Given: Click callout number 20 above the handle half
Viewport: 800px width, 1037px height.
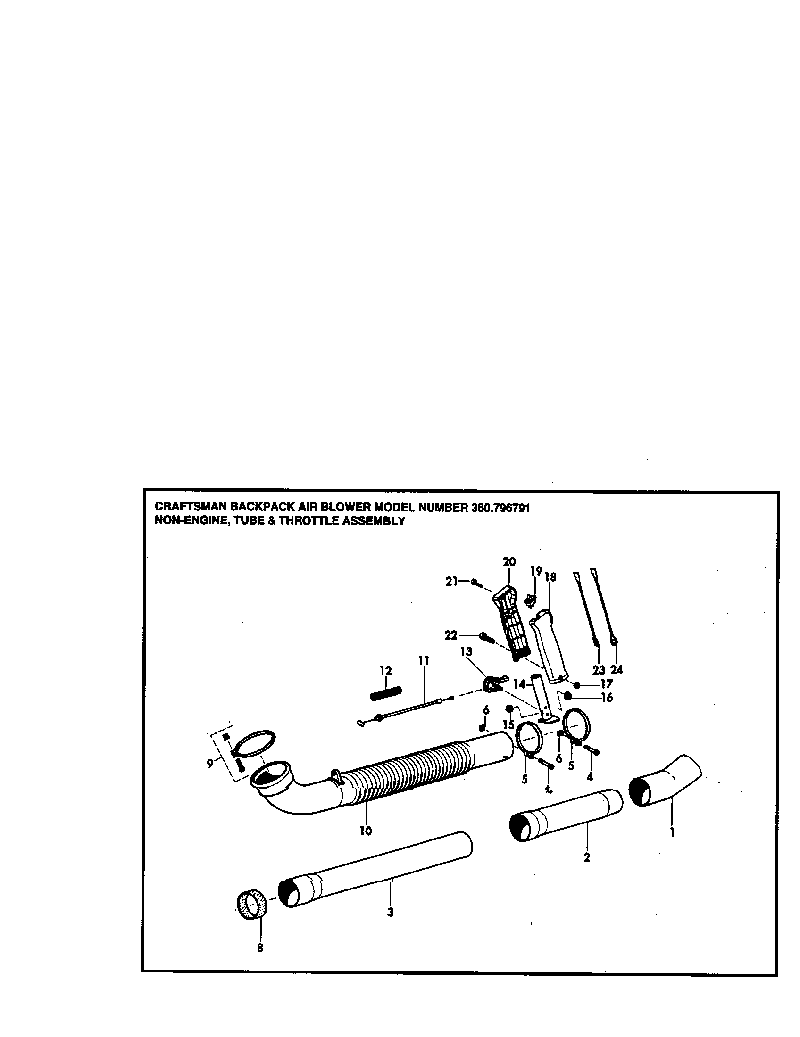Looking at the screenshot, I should point(509,562).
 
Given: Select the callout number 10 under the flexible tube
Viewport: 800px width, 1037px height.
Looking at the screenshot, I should point(366,831).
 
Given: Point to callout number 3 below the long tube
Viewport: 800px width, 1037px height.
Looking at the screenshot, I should point(390,912).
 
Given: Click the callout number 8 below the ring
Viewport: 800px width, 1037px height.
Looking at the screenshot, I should point(260,961).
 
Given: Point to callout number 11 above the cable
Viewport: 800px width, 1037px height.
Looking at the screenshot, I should point(423,660).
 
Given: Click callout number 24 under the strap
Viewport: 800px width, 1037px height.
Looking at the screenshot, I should point(616,669).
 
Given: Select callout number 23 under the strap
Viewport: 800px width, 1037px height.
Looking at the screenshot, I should point(599,669).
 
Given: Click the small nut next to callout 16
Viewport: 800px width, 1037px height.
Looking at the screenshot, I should point(567,696).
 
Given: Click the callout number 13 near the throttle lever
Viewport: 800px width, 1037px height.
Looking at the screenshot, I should point(466,651).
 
